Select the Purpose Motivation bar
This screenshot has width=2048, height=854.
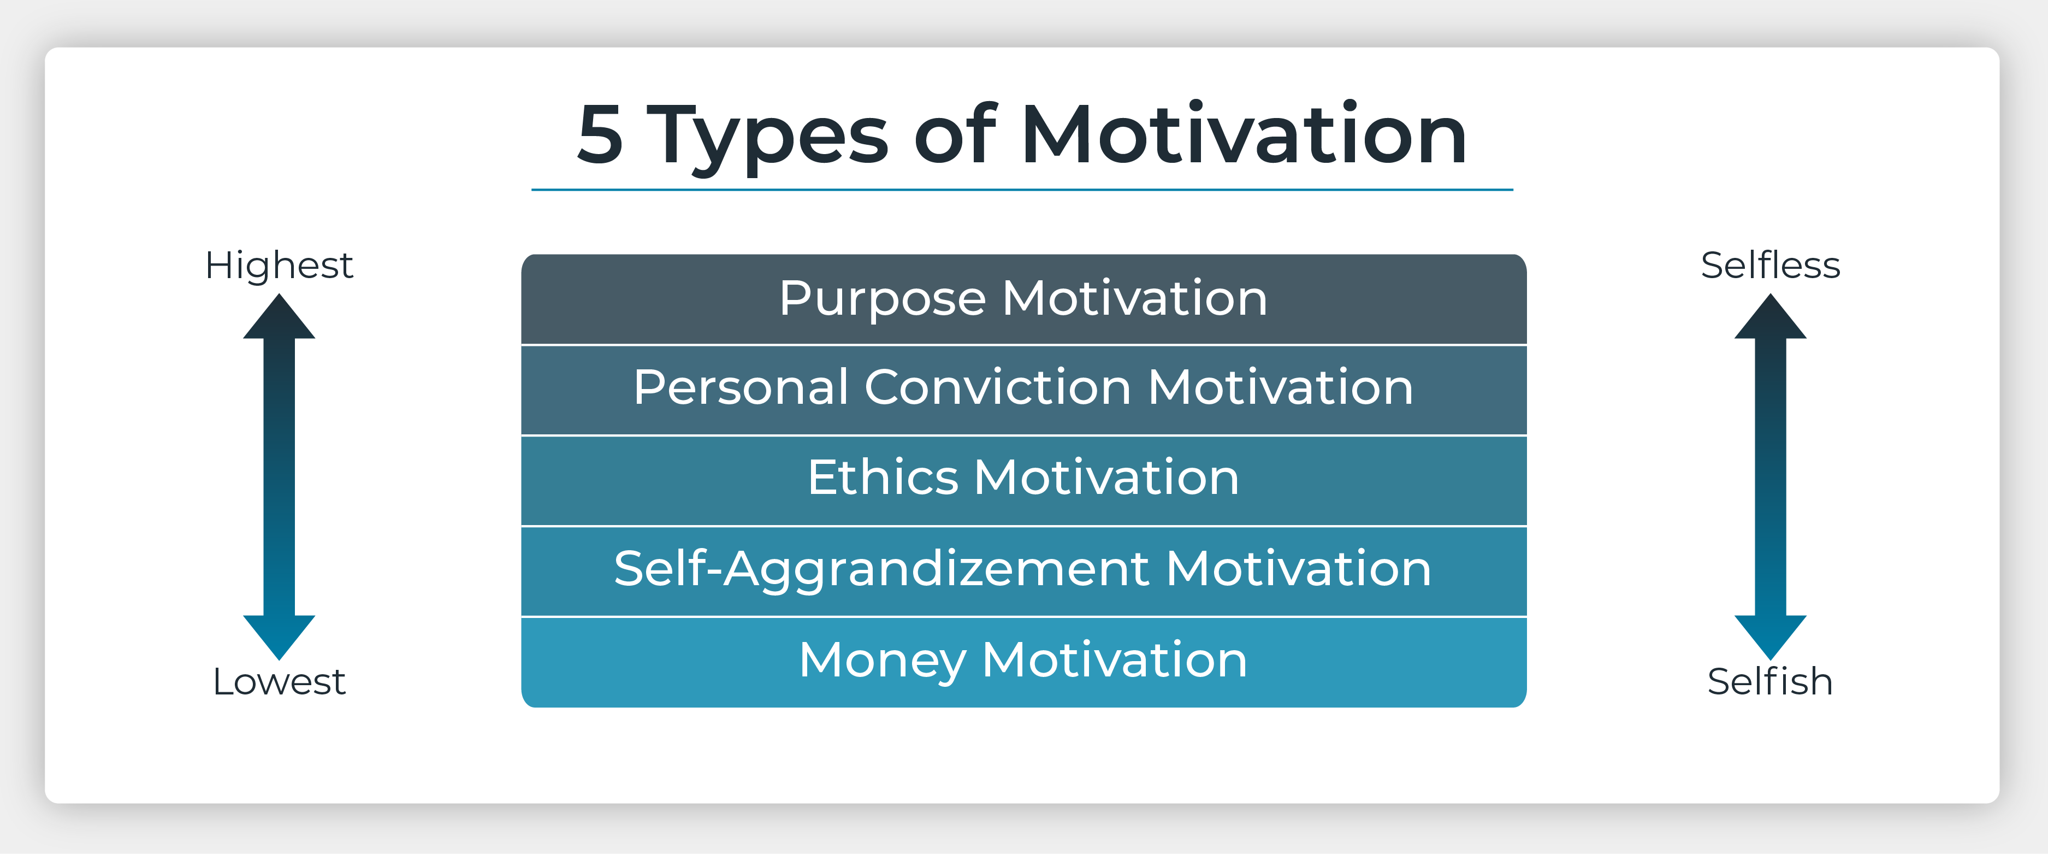[1024, 299]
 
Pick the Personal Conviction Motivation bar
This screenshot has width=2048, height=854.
[1024, 390]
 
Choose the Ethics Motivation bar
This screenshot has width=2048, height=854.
[1024, 480]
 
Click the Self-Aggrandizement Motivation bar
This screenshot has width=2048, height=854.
[1024, 571]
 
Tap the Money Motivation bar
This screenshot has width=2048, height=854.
[1024, 662]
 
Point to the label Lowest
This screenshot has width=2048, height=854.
[279, 681]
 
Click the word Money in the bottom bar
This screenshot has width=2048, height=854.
[883, 662]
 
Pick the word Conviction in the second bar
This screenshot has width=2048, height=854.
[998, 387]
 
